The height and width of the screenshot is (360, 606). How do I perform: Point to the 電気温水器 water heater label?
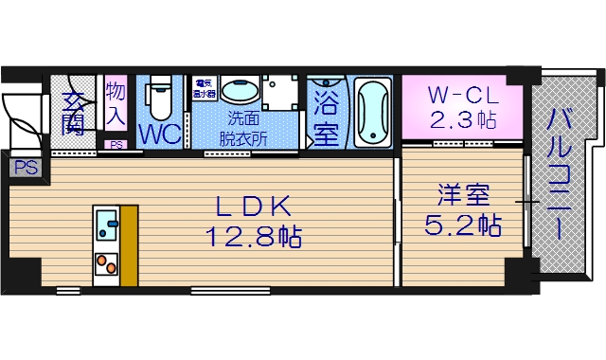point(205,89)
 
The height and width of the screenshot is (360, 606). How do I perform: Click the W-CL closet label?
point(461,96)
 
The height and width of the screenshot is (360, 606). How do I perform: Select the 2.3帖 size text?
point(461,120)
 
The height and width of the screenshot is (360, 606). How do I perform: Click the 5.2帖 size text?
point(463,225)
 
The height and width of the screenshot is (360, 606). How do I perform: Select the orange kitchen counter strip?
point(128,243)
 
